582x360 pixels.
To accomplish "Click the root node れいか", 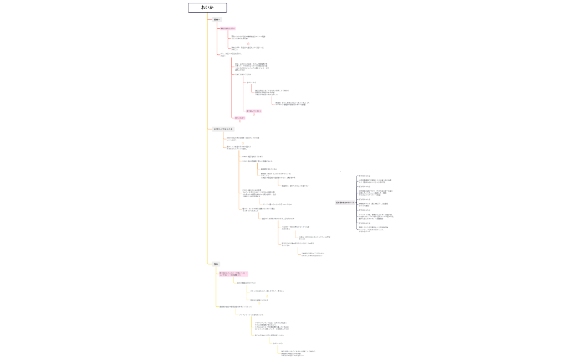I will tap(207, 8).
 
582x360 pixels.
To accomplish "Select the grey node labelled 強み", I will tap(216, 264).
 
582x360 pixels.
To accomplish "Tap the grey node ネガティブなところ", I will tap(219, 129).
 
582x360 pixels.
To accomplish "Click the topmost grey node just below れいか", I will tap(217, 19).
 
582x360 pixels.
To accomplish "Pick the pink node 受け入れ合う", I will tap(239, 117).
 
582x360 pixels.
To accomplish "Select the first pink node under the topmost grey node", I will tap(227, 28).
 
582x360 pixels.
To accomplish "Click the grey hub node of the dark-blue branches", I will tap(345, 203).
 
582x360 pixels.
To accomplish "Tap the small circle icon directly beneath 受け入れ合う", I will tap(240, 121).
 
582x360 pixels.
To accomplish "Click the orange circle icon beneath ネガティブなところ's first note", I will tap(242, 142).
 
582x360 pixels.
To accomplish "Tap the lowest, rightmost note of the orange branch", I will tap(312, 254).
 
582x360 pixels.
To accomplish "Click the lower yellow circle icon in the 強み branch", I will tap(259, 304).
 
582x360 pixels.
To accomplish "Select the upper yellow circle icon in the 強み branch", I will tap(267, 296).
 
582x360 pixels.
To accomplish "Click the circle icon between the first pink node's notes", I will tap(248, 43).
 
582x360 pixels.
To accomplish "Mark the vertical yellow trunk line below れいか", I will tap(208, 138).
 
